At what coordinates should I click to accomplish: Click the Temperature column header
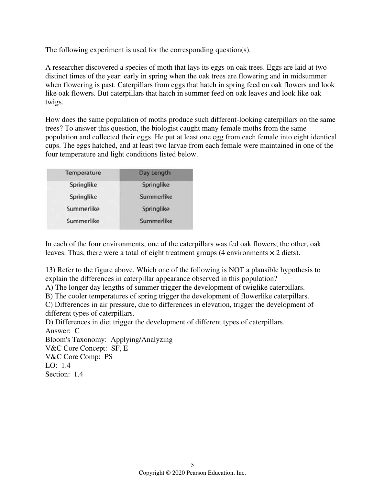pos(83,173)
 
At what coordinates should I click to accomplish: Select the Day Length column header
pos(155,173)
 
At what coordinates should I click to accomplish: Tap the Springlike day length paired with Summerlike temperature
pos(156,209)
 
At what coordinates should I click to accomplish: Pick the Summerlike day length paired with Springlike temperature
pos(156,197)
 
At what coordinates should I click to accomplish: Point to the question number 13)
pos(50,270)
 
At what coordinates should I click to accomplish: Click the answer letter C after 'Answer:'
pos(77,331)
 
